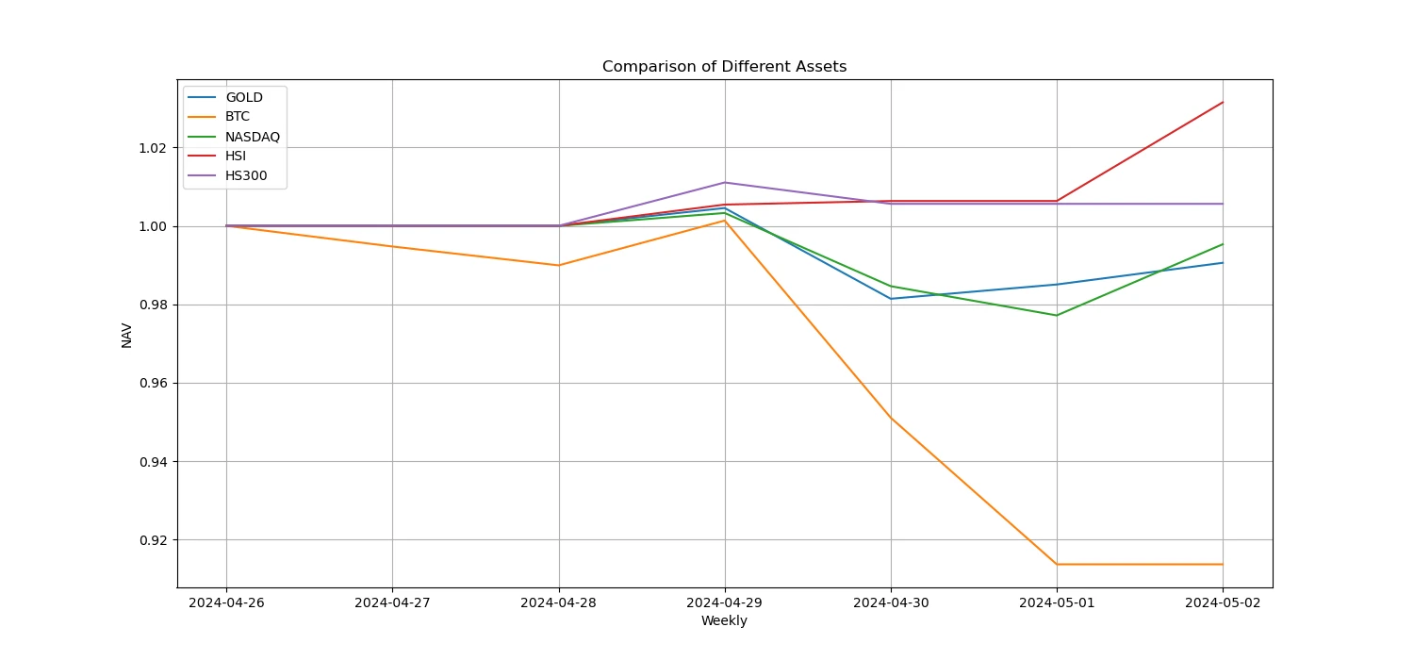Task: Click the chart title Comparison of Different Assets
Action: tap(724, 67)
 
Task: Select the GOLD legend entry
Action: tap(244, 97)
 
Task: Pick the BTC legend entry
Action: tap(238, 117)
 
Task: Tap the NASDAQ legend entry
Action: tap(253, 137)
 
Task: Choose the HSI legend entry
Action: tap(236, 156)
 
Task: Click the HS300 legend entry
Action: tap(246, 175)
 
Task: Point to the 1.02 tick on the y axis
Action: tap(156, 148)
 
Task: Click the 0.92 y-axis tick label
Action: tap(156, 540)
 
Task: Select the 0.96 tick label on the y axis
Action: tap(156, 384)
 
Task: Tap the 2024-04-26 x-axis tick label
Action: tap(226, 602)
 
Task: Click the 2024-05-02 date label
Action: tap(1223, 602)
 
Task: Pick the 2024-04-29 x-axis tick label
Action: tap(725, 602)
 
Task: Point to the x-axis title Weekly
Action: tap(724, 620)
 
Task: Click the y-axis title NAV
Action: tap(127, 335)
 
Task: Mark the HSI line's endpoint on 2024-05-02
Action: tap(1223, 102)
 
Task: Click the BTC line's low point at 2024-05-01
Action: tap(1057, 564)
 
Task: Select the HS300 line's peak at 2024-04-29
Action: tap(725, 182)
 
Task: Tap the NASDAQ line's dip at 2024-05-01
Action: tap(1057, 315)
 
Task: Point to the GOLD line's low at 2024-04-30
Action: tap(891, 299)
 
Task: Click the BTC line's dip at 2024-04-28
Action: tap(559, 265)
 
